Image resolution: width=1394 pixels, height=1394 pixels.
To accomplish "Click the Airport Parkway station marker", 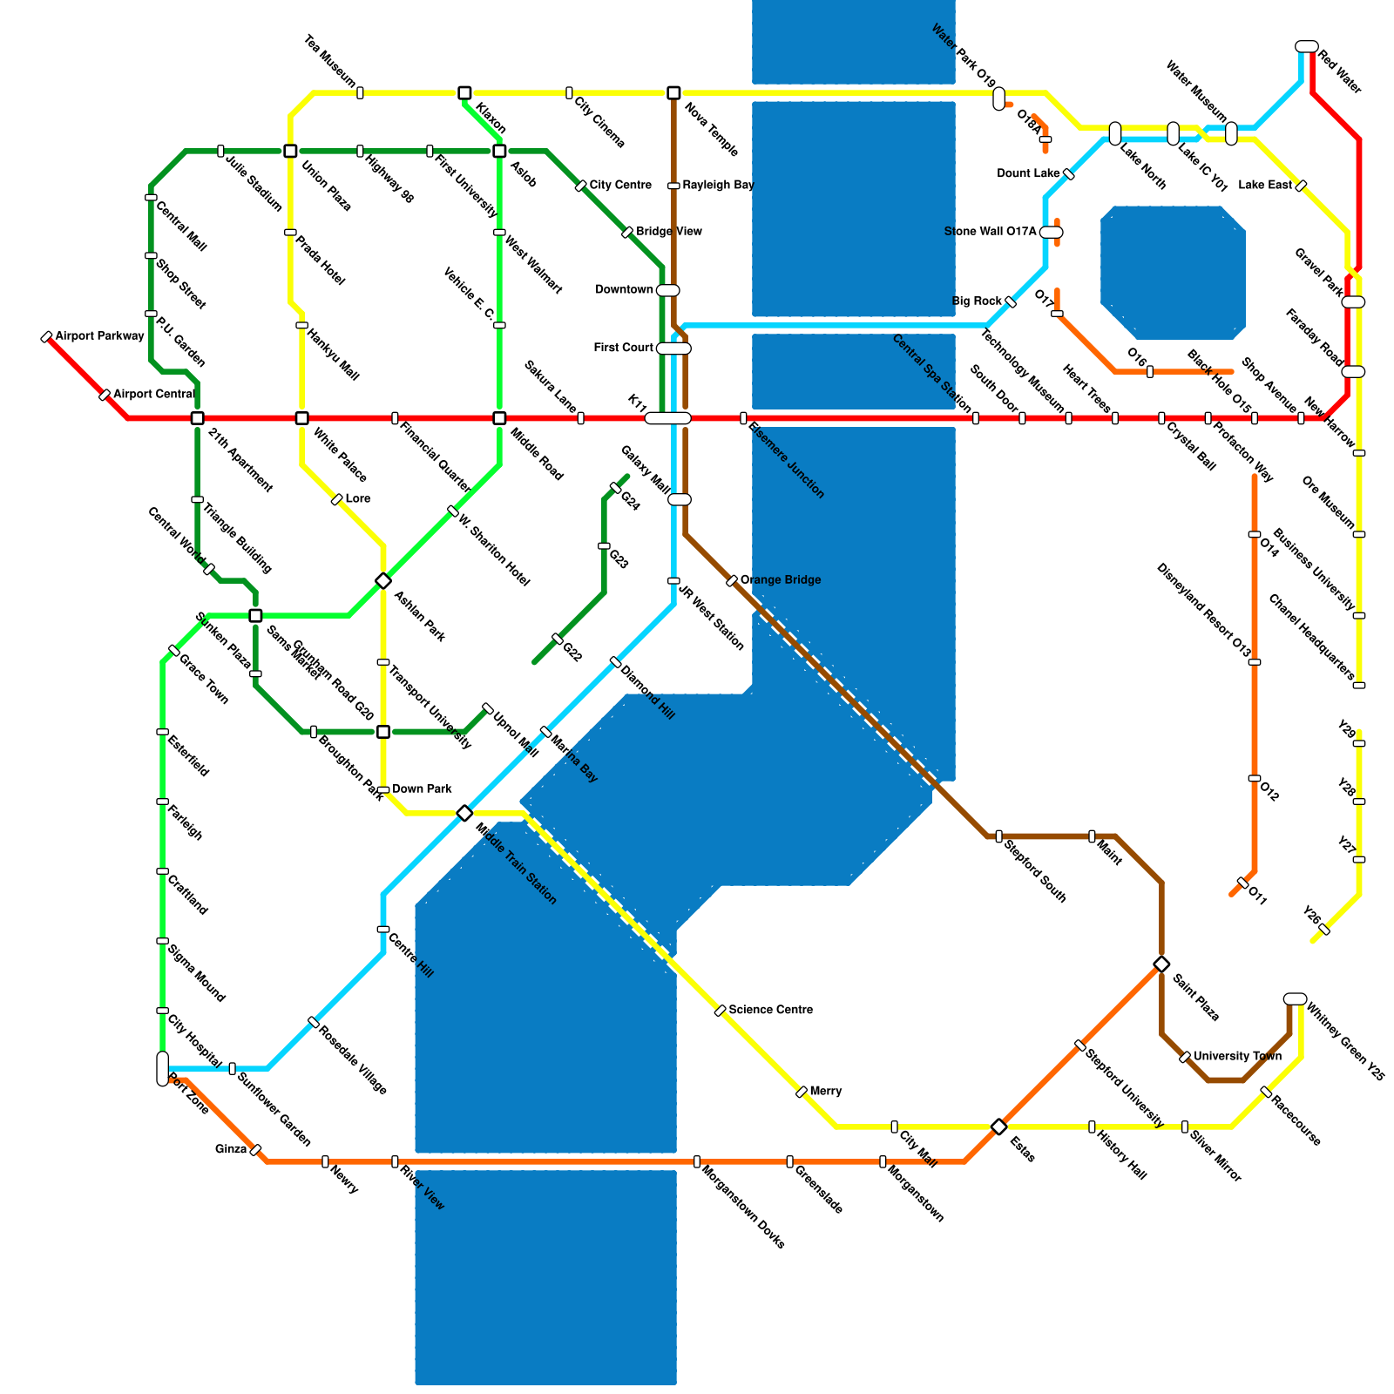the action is pyautogui.click(x=46, y=337).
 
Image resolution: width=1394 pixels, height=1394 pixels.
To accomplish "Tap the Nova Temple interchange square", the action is pyautogui.click(x=673, y=93).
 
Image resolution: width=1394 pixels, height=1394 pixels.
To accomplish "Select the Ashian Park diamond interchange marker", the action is pyautogui.click(x=383, y=581).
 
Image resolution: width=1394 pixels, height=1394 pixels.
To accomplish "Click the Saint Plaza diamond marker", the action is pyautogui.click(x=1161, y=964).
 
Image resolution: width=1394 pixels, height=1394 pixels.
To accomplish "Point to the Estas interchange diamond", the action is pyautogui.click(x=999, y=1127).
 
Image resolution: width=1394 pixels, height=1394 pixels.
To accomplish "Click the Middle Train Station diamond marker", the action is pyautogui.click(x=464, y=814).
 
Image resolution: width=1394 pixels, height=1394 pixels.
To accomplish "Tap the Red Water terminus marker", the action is pyautogui.click(x=1306, y=46).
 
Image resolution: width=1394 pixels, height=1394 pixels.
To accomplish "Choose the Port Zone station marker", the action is pyautogui.click(x=163, y=1069).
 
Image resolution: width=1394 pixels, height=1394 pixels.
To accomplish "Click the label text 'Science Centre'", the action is pyautogui.click(x=770, y=1010).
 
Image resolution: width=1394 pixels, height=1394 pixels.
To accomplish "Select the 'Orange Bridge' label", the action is pyautogui.click(x=780, y=580).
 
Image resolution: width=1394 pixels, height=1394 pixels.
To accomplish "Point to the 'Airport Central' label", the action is pyautogui.click(x=153, y=395).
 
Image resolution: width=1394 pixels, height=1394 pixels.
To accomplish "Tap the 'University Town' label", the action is pyautogui.click(x=1236, y=1057).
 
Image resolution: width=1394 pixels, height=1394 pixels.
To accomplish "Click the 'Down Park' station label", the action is pyautogui.click(x=422, y=789).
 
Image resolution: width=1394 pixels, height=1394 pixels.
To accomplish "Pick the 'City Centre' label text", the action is pyautogui.click(x=620, y=186).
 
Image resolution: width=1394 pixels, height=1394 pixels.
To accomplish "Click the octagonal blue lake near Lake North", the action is pyautogui.click(x=1173, y=273).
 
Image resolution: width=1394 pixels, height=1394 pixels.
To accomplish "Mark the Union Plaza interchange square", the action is pyautogui.click(x=290, y=152).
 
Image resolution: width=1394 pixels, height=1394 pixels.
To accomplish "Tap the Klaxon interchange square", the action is pyautogui.click(x=464, y=93).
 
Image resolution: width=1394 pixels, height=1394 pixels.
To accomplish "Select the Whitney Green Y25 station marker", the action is pyautogui.click(x=1295, y=998).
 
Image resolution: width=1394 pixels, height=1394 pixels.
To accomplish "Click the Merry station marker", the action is pyautogui.click(x=802, y=1092).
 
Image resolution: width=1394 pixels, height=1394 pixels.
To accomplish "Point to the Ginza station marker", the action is pyautogui.click(x=255, y=1150).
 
